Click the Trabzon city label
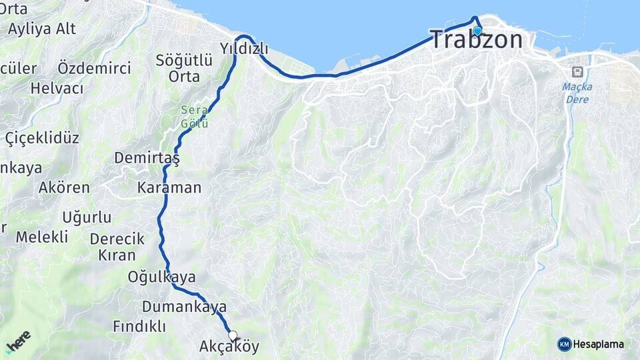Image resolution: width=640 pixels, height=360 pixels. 476,39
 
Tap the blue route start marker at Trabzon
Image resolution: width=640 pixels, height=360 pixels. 477,31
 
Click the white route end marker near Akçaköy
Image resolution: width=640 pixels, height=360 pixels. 233,335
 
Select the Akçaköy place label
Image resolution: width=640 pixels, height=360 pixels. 229,347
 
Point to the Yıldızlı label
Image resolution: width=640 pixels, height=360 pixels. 244,48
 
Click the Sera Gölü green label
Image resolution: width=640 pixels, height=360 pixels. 195,117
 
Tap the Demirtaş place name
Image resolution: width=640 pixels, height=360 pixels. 147,158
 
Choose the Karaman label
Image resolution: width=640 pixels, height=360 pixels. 169,187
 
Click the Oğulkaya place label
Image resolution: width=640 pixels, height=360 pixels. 162,277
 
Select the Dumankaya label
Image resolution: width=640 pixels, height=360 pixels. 184,307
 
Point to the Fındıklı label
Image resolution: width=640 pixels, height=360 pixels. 139,327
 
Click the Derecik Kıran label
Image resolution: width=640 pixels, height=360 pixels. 117,247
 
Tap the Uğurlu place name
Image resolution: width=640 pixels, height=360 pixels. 87,217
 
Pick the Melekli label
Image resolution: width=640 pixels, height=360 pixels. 42,237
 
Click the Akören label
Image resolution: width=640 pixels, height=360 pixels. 64,187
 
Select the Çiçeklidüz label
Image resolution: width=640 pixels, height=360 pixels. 42,138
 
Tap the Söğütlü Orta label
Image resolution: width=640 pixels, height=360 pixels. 184,68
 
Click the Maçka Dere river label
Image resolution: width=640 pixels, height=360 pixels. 577,92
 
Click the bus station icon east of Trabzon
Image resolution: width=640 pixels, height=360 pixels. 577,71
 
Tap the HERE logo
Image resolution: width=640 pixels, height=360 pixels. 18,341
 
